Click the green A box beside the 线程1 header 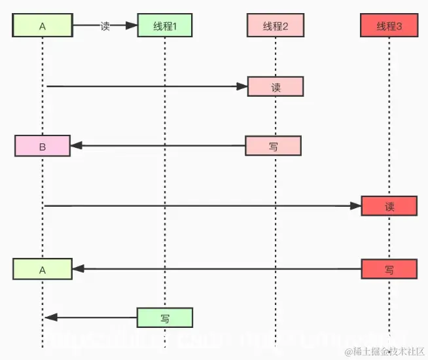tap(42, 26)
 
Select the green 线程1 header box tap(165, 26)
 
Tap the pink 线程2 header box tap(275, 26)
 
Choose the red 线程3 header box tap(389, 26)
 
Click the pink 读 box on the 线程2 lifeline tap(276, 86)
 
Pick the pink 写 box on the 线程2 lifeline tap(273, 146)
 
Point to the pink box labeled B tap(42, 146)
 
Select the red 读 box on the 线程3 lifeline tap(389, 206)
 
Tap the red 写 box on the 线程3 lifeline tap(389, 268)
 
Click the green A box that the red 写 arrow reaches tap(42, 268)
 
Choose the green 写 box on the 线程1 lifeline tap(165, 317)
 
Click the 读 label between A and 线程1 tap(105, 26)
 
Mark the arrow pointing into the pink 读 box tap(144, 86)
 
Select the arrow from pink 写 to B tap(157, 146)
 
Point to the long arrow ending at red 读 tap(196, 206)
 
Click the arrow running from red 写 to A tap(216, 268)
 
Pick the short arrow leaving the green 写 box tap(92, 317)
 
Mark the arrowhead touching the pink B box tap(75, 146)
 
